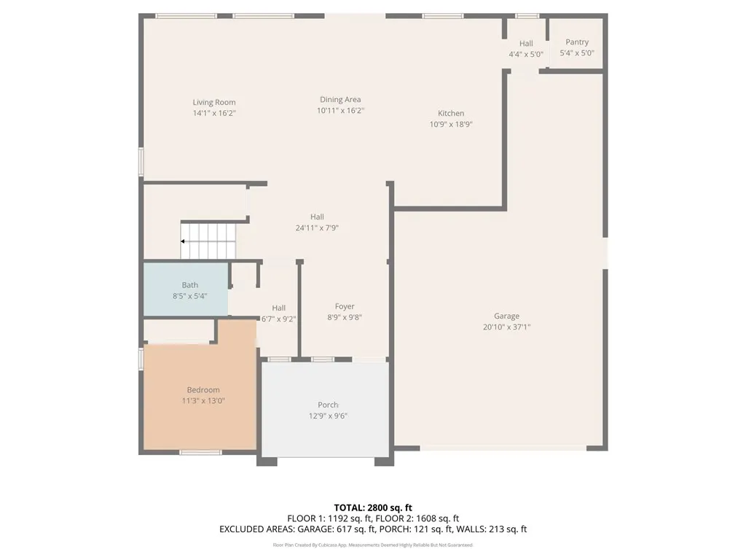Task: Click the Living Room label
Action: coord(214,103)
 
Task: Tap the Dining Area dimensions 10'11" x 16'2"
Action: coord(340,111)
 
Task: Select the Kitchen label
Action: coord(451,114)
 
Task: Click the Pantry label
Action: coord(577,42)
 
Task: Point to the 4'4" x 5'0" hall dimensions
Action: coord(526,54)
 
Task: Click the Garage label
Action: coord(506,316)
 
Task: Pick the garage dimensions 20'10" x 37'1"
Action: coord(506,327)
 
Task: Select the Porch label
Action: coord(328,405)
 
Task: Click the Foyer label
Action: coord(345,307)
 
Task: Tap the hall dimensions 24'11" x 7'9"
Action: coord(317,227)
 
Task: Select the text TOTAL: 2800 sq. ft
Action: coord(373,507)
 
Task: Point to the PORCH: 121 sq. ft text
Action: coord(414,529)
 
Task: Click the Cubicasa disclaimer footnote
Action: coord(373,545)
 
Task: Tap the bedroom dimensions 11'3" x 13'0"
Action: coord(203,401)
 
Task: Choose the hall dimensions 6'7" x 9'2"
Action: coord(279,319)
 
